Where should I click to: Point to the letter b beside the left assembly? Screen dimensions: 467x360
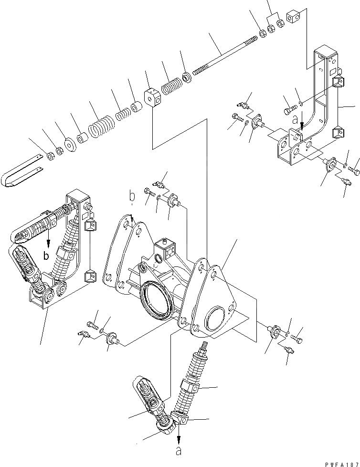pyautogui.click(x=46, y=256)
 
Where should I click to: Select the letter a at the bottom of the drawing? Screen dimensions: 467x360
pyautogui.click(x=179, y=450)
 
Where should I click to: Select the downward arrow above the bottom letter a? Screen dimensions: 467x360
pyautogui.click(x=179, y=432)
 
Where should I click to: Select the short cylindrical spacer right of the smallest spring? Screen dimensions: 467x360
pyautogui.click(x=138, y=106)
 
